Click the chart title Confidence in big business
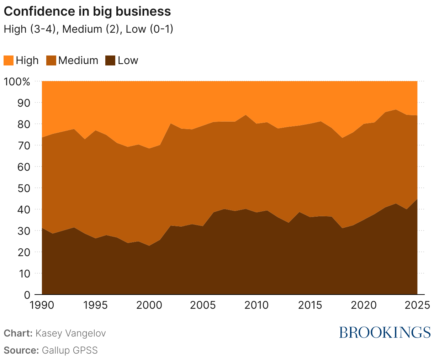click(87, 11)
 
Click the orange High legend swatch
click(9, 60)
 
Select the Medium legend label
click(78, 60)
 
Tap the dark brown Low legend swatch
click(111, 60)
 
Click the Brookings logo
click(385, 332)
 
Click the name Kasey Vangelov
click(71, 333)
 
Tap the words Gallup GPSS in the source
click(70, 350)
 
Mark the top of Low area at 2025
click(417, 199)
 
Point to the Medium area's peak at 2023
click(396, 110)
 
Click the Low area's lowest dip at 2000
click(149, 246)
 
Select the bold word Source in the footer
click(21, 350)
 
